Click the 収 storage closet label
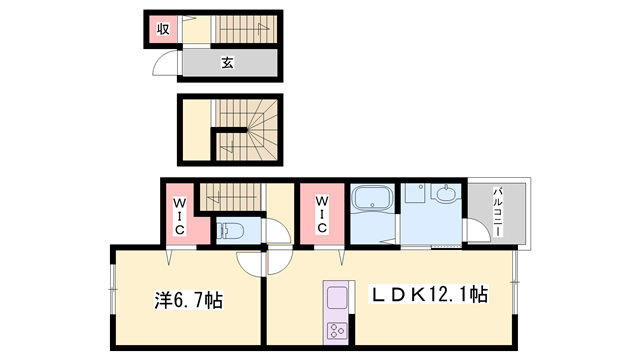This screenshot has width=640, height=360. pos(163,29)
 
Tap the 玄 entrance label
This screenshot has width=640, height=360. pos(228,62)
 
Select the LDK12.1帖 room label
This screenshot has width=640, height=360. pos(428,294)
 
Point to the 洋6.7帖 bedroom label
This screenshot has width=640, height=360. pos(188,300)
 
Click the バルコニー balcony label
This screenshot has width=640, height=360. pos(498,212)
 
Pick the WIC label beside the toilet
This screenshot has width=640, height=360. pos(180,216)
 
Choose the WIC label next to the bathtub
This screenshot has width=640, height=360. pos(322,214)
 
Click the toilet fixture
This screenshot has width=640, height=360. pos(230,231)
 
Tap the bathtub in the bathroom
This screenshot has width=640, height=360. pos(372,198)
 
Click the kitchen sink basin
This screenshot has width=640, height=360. pos(337,297)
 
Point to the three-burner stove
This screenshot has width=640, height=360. pos(337,330)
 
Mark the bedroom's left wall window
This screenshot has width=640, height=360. pos(113,289)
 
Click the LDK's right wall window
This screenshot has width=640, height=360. pos(515,282)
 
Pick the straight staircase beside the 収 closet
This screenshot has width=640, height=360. pos(246,29)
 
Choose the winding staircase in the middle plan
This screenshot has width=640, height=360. pos(246,129)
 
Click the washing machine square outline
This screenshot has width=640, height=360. pos(415,192)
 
